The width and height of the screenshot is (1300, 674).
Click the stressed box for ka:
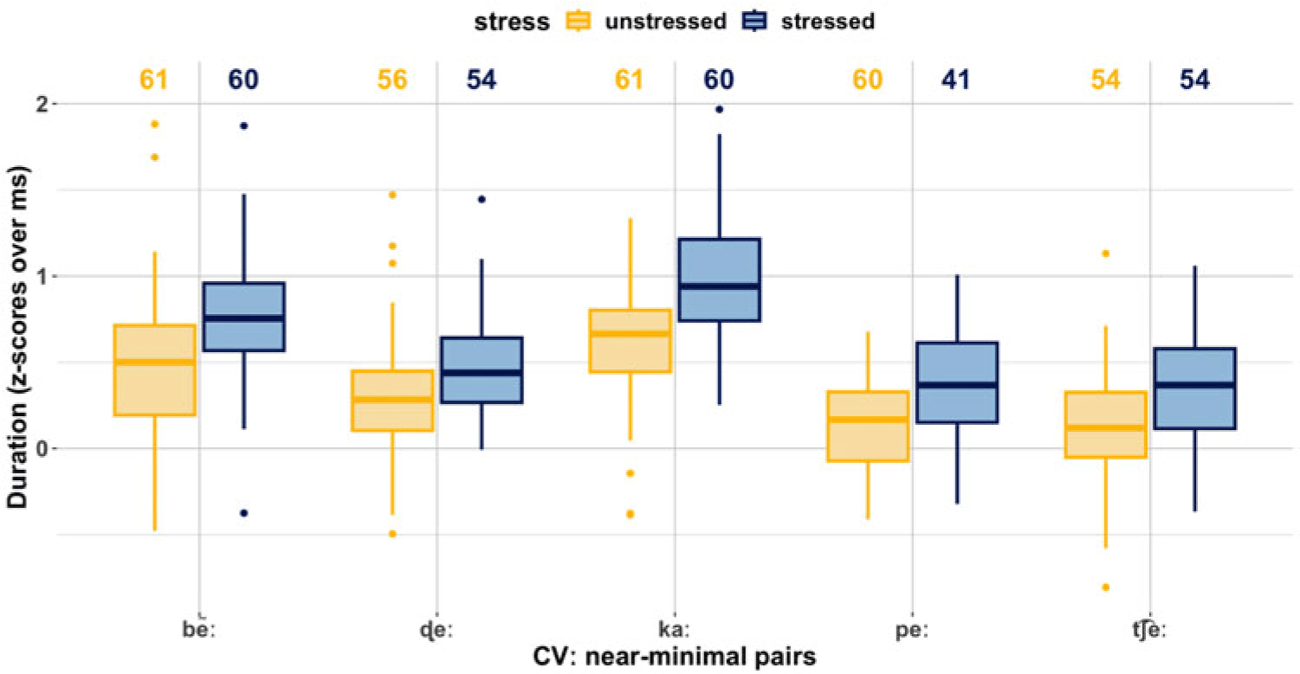tap(719, 279)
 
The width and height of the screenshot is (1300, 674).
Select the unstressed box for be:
tap(154, 369)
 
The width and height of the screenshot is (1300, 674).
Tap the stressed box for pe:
tap(957, 382)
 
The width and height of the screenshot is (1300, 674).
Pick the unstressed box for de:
tap(392, 401)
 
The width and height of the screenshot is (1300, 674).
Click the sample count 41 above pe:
tap(956, 80)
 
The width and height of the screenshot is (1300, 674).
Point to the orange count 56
tap(392, 80)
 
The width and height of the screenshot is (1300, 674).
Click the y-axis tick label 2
tap(42, 104)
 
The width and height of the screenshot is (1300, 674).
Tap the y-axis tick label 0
tap(42, 448)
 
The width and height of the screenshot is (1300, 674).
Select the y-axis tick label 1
tap(42, 276)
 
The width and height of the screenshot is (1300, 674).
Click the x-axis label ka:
tap(674, 629)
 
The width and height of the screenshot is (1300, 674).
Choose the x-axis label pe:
tap(912, 631)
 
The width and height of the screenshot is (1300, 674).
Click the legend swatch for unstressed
tap(578, 22)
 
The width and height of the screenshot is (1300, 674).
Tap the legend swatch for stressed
tap(754, 22)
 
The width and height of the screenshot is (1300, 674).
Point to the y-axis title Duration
tap(17, 453)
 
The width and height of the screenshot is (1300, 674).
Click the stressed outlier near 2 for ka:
tap(720, 110)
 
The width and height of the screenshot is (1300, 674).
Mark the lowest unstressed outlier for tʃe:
tap(1106, 587)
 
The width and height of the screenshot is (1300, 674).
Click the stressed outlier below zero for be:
tap(243, 513)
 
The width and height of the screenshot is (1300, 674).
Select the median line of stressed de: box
tap(482, 373)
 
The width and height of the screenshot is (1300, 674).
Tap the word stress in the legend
tap(512, 22)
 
